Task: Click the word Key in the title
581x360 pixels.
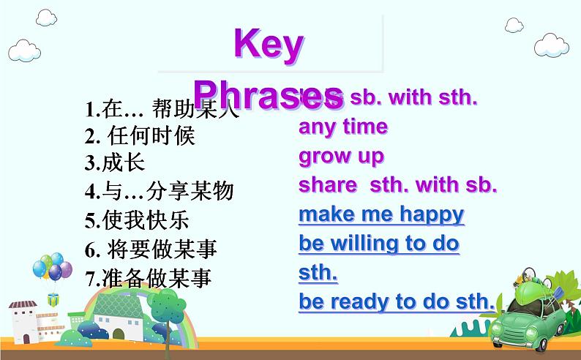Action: coord(269,45)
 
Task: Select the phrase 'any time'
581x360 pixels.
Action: coord(342,127)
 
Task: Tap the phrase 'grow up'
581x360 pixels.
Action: coord(341,156)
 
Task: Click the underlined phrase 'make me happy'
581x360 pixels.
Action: coord(381,214)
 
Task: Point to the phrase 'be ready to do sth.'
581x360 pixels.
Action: coord(397,301)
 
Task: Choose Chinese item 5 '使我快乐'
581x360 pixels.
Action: coord(137,220)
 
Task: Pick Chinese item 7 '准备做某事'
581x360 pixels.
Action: coord(149,278)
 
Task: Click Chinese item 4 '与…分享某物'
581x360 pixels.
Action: coord(159,192)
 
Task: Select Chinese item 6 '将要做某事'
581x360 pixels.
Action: coord(151,250)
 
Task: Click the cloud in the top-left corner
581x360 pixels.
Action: coord(25,50)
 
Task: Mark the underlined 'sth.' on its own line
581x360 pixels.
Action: coord(318,273)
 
